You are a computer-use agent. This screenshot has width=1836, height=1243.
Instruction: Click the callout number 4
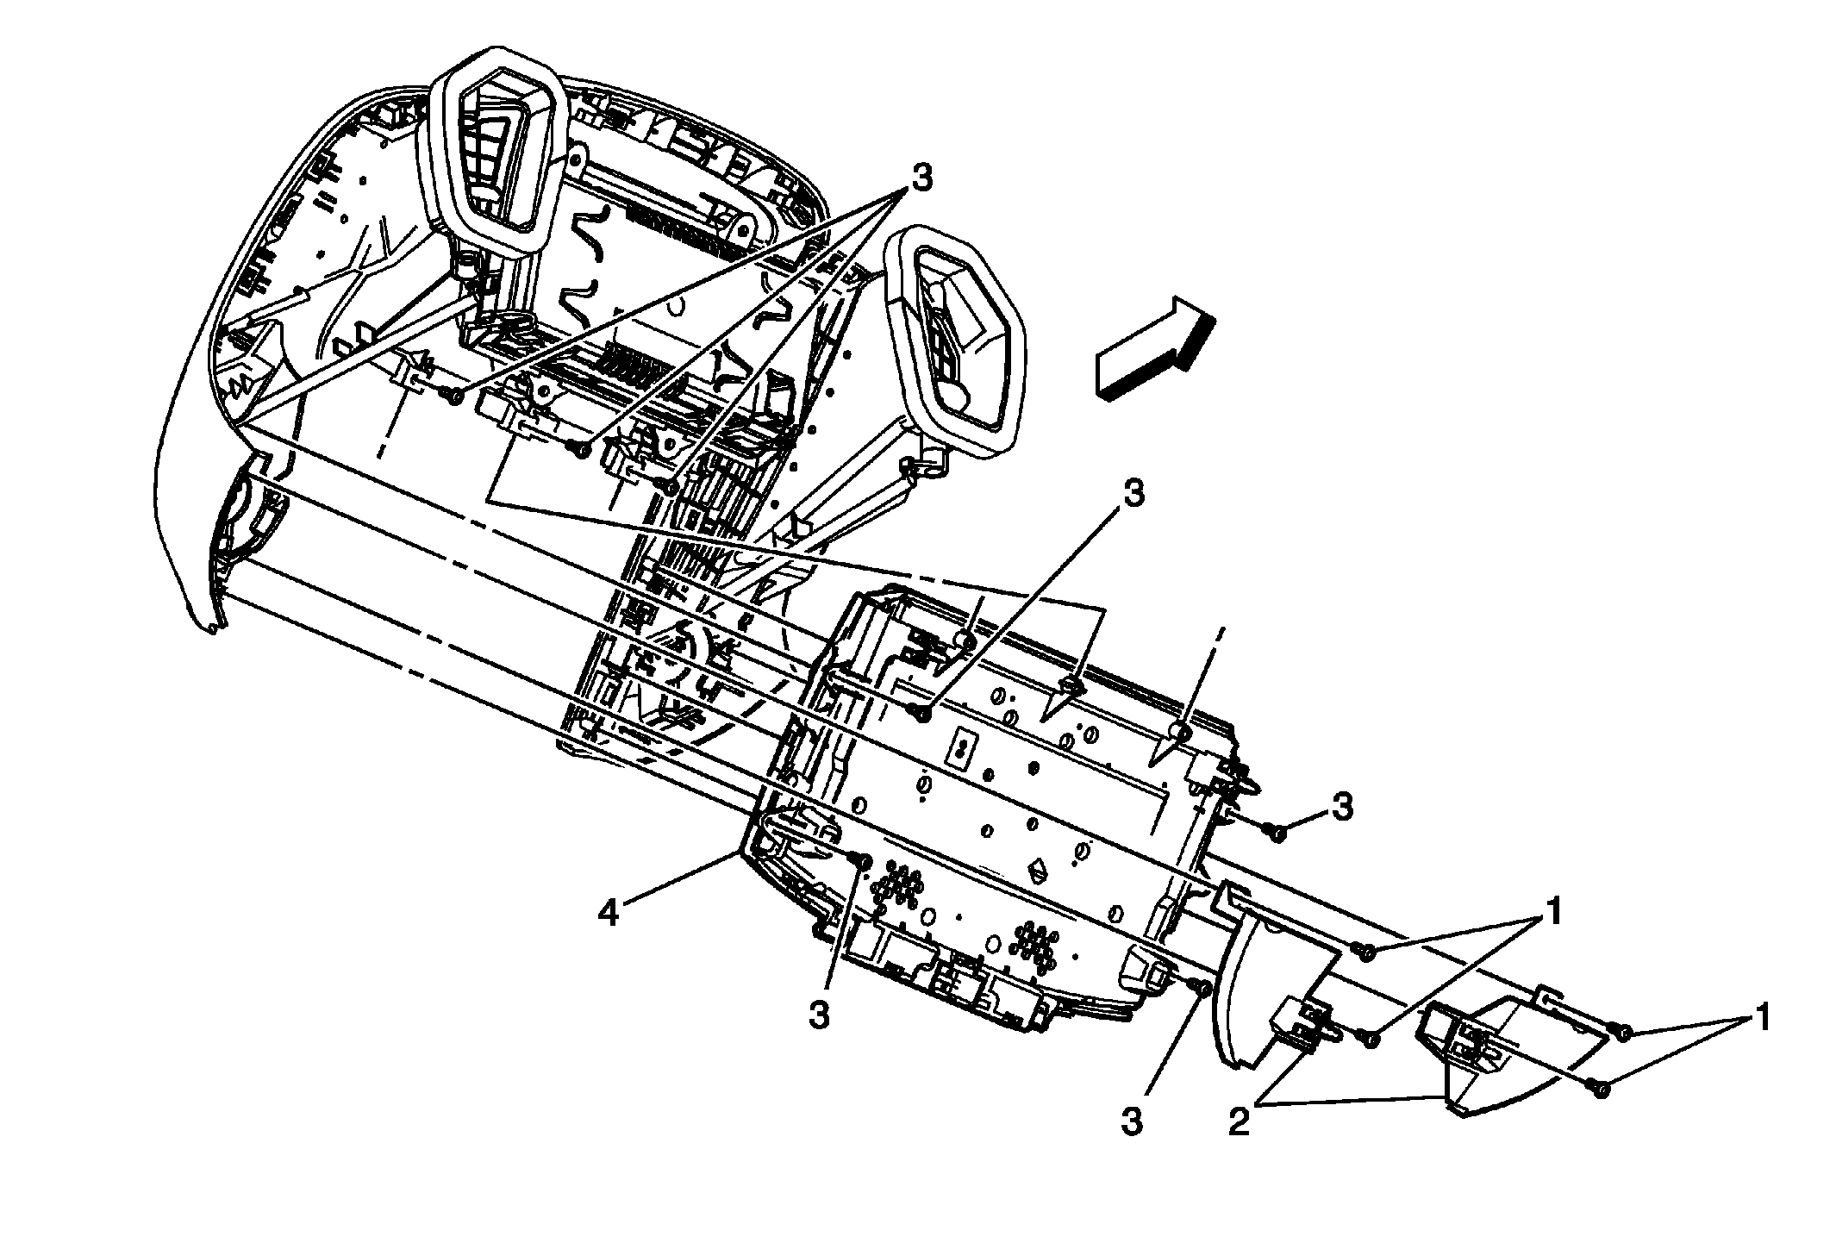(609, 912)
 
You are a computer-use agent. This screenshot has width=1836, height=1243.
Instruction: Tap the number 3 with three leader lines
(921, 179)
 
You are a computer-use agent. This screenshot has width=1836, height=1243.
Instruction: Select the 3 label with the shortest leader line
(1342, 807)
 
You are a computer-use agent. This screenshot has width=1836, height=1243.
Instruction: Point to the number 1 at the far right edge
(1764, 1017)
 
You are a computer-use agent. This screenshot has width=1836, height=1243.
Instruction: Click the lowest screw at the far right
(1601, 1090)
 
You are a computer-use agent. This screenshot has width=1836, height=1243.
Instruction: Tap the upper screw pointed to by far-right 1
(1621, 1031)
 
